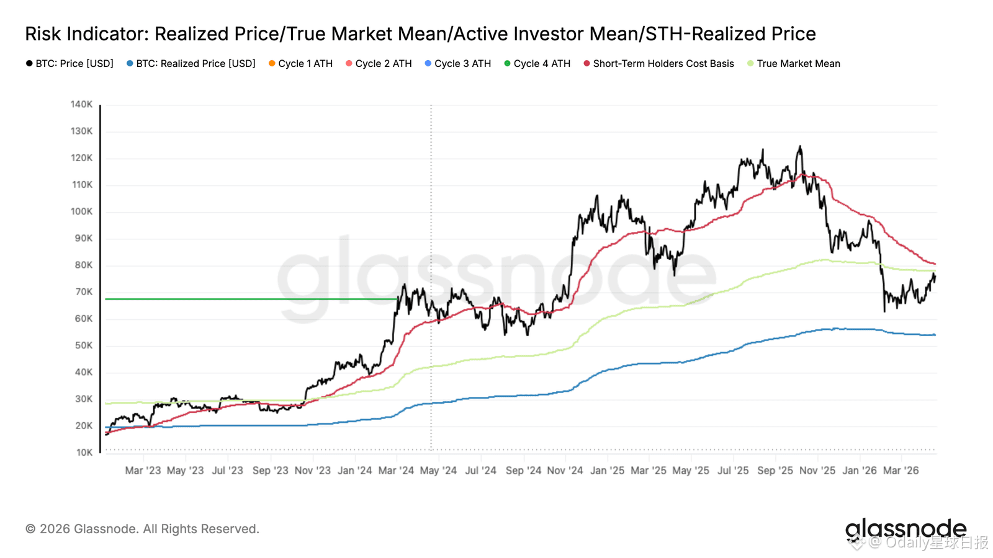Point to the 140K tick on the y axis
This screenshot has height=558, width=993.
click(81, 104)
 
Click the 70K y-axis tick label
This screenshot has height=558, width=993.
click(83, 292)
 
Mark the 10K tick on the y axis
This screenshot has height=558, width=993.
click(84, 453)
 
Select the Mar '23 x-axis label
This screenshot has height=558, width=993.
click(143, 471)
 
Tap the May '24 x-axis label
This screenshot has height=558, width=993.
click(438, 471)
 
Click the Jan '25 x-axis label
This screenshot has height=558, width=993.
click(607, 471)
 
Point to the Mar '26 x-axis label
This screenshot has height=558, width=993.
click(901, 471)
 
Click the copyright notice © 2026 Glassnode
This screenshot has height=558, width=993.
click(142, 529)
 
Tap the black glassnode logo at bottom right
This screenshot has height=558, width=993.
click(905, 529)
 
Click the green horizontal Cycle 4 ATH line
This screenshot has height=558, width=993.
click(248, 299)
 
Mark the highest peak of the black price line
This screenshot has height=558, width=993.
click(800, 146)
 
